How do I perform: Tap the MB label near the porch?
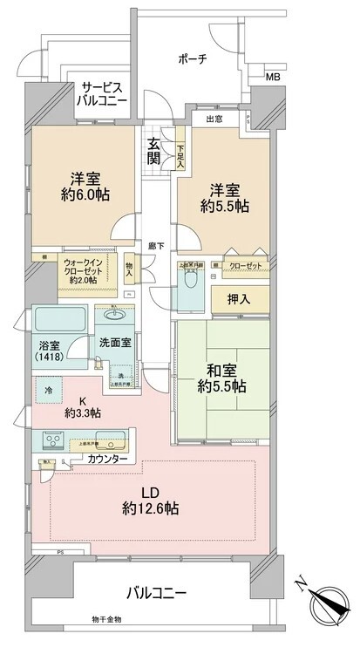(x=272, y=78)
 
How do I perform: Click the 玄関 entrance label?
(x=153, y=152)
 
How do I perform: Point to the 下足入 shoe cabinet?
(x=180, y=154)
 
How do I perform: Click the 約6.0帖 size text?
(x=84, y=194)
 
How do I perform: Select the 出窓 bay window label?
(x=215, y=118)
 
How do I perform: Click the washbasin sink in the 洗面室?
(x=115, y=314)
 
